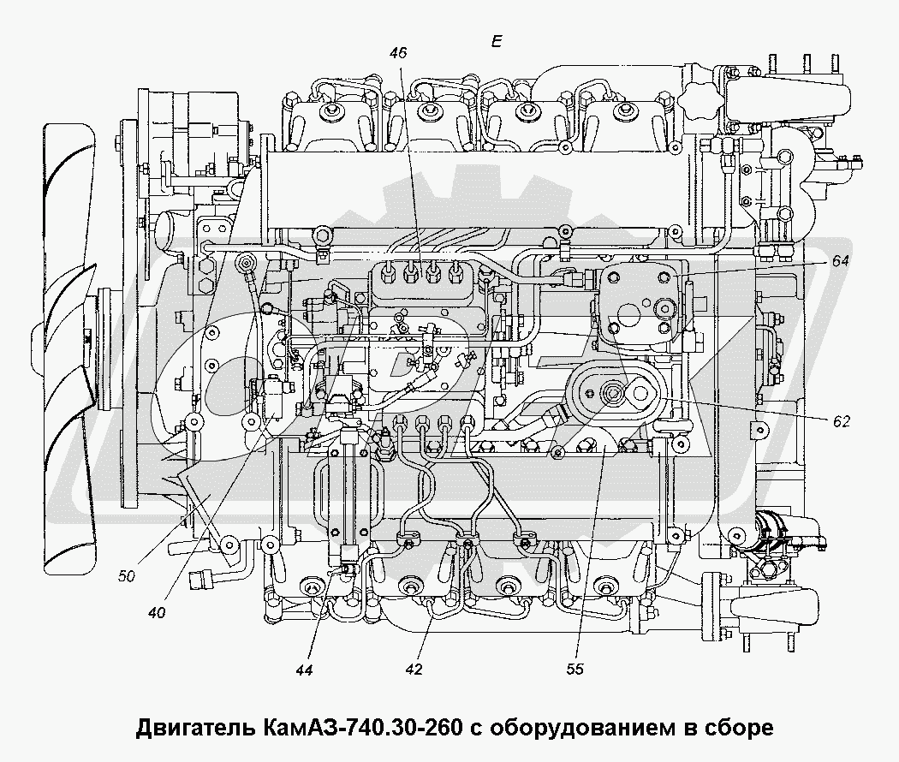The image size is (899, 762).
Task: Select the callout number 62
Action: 841,420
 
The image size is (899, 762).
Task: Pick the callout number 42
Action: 414,670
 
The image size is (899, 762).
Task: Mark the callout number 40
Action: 157,612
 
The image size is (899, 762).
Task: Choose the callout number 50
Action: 127,576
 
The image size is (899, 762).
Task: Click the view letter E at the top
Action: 497,41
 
